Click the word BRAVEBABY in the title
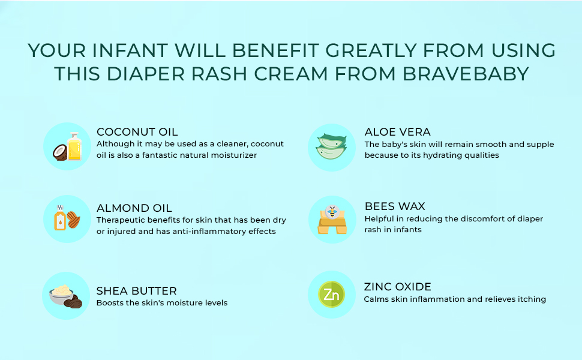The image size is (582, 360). click(x=466, y=73)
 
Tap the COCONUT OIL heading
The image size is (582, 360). click(x=137, y=132)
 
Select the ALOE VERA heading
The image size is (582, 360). click(x=398, y=132)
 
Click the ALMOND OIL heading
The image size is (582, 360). click(x=134, y=208)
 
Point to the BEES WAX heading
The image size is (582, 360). click(x=395, y=206)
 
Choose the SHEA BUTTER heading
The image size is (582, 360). click(x=137, y=290)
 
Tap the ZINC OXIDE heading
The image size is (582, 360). click(x=398, y=287)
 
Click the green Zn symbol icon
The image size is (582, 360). click(x=331, y=295)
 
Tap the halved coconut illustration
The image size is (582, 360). click(x=60, y=152)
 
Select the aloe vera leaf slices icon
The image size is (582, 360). click(x=331, y=146)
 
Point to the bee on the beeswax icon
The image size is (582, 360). click(x=332, y=212)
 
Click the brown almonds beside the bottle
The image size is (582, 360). click(x=73, y=220)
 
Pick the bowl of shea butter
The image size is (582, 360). click(x=61, y=295)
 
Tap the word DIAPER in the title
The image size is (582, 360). click(x=145, y=73)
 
